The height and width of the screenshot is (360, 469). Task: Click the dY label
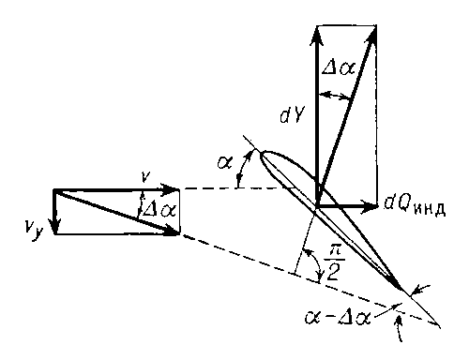coord(292,116)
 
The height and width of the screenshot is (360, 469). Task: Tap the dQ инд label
coord(415,206)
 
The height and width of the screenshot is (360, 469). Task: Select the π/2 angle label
coord(334,265)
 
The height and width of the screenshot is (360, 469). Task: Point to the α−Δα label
coord(338,319)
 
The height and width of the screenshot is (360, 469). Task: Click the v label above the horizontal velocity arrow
coord(144,177)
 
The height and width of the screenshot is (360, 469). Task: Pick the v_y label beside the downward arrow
coord(33,231)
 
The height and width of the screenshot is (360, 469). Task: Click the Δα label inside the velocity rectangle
coord(159,210)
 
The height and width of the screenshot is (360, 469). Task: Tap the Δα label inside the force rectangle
coord(339,67)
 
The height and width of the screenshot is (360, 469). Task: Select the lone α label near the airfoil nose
coord(224,162)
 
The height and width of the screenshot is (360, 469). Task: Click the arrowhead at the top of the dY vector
coord(317,35)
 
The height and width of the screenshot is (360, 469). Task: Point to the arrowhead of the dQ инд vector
coord(370,206)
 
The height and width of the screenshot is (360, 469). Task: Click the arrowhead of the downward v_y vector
coord(55,226)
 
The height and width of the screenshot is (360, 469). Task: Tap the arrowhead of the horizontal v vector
coord(171,188)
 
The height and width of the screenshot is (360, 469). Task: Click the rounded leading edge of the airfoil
coord(262,156)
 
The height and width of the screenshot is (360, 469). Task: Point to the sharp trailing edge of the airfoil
coord(402,290)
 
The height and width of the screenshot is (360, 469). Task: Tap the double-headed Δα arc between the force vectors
coord(334,95)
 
